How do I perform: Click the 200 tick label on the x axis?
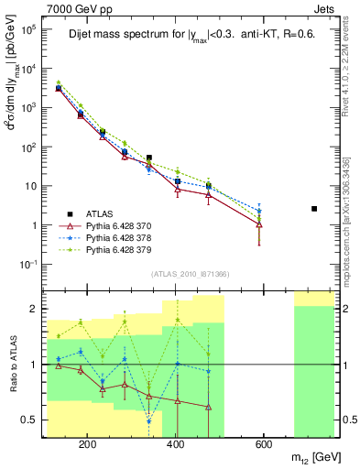[88, 444]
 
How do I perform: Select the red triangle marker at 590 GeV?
[259, 224]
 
